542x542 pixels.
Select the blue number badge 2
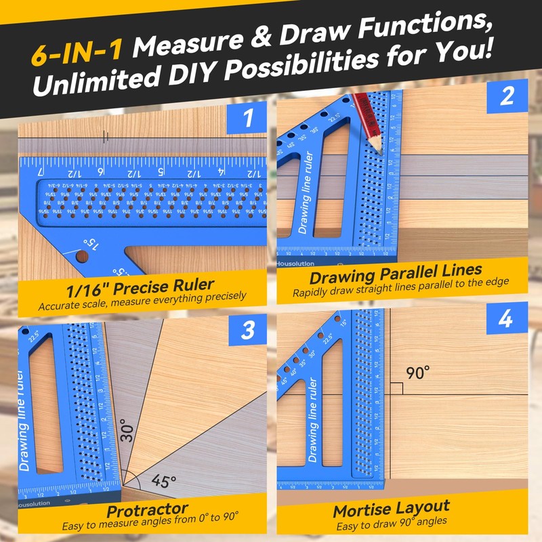click(x=507, y=98)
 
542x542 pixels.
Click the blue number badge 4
click(x=507, y=319)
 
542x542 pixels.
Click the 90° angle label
click(x=418, y=373)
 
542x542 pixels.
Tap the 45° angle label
click(x=163, y=482)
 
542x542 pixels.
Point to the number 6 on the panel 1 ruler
click(x=101, y=172)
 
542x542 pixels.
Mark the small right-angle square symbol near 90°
click(x=398, y=388)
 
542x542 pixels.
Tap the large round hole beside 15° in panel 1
click(x=81, y=257)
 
